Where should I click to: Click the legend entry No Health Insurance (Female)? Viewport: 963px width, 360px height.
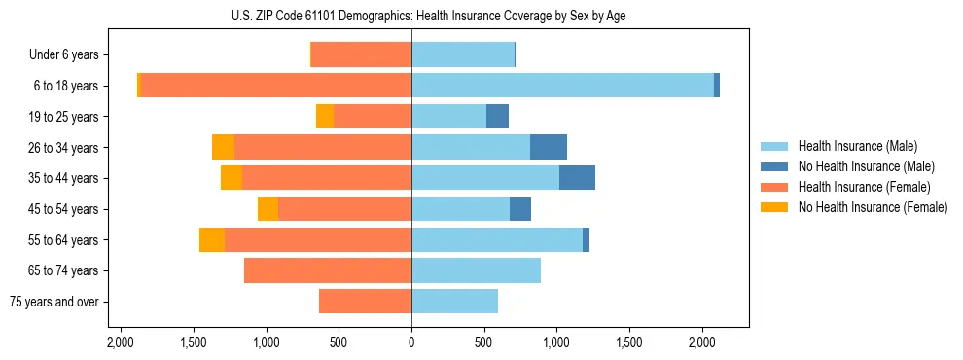[873, 207]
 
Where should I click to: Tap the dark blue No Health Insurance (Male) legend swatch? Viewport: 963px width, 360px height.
[774, 166]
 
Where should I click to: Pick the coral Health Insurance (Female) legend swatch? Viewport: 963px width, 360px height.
[774, 187]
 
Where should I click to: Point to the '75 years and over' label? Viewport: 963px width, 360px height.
[54, 302]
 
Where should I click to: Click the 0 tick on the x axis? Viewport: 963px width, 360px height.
[411, 342]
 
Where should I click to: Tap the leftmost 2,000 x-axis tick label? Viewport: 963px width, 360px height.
[121, 342]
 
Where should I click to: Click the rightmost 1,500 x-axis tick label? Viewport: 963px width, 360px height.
[629, 342]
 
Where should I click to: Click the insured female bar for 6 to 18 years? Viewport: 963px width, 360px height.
[276, 86]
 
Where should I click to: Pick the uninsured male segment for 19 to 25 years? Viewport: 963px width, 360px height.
[497, 117]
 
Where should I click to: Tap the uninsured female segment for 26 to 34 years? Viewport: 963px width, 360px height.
[224, 147]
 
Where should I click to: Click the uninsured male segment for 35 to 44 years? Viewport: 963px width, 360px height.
[577, 178]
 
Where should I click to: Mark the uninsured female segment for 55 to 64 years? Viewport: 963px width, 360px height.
[212, 239]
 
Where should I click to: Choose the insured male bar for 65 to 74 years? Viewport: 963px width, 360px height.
[476, 270]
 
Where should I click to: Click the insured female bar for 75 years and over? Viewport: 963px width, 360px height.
[365, 302]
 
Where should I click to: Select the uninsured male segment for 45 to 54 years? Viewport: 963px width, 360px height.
[520, 209]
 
